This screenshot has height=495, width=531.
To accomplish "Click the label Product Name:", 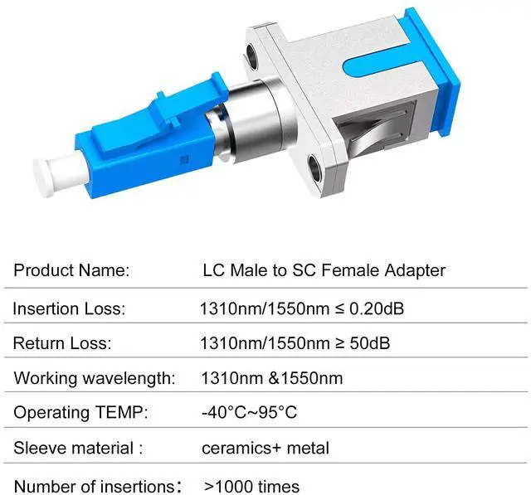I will pyautogui.click(x=71, y=270).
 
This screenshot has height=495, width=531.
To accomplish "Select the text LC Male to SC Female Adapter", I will pyautogui.click(x=324, y=270).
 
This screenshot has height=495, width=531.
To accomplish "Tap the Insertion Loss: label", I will pyautogui.click(x=69, y=309).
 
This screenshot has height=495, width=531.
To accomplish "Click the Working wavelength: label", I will pyautogui.click(x=95, y=378).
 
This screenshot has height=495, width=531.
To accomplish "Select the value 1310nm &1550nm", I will pyautogui.click(x=271, y=378).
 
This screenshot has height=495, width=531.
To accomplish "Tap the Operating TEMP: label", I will pyautogui.click(x=80, y=413).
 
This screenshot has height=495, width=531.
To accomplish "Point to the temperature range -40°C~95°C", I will pyautogui.click(x=249, y=413).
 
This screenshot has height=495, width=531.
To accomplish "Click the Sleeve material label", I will pyautogui.click(x=78, y=449).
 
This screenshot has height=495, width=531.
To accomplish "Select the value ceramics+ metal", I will pyautogui.click(x=265, y=449).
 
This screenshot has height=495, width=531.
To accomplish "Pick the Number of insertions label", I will pyautogui.click(x=98, y=486).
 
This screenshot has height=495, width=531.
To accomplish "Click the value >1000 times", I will pyautogui.click(x=252, y=486).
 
